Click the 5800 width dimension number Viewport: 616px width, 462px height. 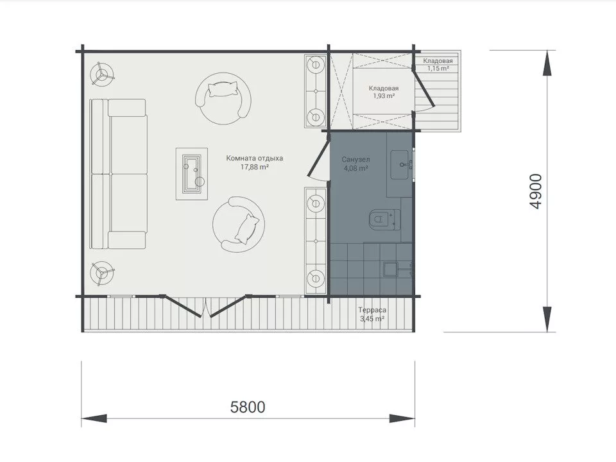(248, 407)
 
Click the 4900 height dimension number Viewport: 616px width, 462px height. (535, 191)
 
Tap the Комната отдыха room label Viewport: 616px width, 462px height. (255, 158)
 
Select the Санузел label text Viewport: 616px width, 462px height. (355, 160)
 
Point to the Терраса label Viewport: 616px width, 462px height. (372, 311)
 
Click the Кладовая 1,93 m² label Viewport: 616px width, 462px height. (384, 92)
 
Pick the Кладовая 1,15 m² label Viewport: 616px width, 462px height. (438, 64)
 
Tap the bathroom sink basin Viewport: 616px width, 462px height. (402, 165)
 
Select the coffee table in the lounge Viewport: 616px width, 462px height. (192, 174)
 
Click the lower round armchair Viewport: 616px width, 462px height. (238, 225)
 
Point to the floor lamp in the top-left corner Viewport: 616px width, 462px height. (102, 73)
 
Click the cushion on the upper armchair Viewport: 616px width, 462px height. (223, 89)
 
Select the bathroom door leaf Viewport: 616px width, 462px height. (320, 155)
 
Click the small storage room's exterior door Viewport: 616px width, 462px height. (424, 89)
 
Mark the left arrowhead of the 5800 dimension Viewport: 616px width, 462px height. (94, 418)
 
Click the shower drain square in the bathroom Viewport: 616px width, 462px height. (391, 270)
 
